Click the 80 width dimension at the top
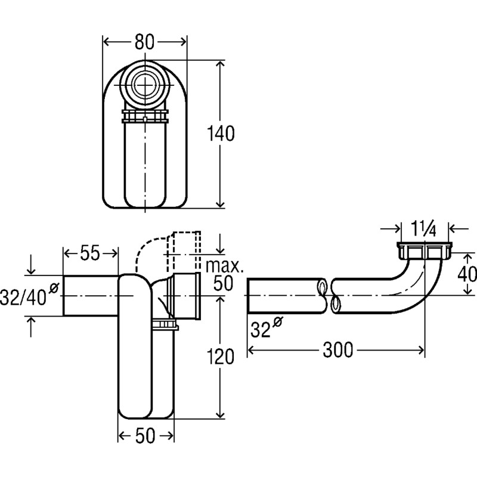tap(145, 42)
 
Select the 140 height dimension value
tap(221, 134)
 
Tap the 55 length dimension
tap(90, 253)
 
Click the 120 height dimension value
tap(220, 357)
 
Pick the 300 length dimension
tap(337, 350)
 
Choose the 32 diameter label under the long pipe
tap(267, 327)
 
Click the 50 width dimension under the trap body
tap(145, 436)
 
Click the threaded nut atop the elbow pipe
tap(425, 250)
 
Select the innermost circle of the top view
tap(145, 85)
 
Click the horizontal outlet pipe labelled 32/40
tap(91, 296)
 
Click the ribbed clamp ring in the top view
tap(145, 116)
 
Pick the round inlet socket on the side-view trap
tap(185, 296)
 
